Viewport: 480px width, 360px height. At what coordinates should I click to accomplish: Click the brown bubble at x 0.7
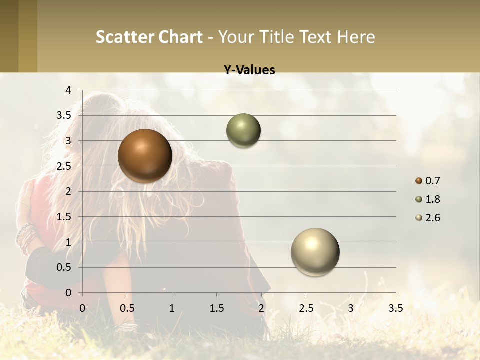[145, 156]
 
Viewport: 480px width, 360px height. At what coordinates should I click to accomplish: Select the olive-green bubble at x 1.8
[243, 130]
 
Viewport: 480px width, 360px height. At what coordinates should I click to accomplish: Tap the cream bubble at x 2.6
[315, 252]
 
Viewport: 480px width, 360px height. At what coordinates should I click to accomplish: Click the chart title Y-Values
[249, 70]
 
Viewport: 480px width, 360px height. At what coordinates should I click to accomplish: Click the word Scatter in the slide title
[124, 37]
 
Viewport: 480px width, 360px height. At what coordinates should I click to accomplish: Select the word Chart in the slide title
[180, 37]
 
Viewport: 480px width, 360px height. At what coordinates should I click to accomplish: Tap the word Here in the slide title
[356, 37]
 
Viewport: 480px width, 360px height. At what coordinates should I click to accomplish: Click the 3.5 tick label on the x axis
[395, 308]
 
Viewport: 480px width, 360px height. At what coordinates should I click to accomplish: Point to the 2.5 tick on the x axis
[306, 308]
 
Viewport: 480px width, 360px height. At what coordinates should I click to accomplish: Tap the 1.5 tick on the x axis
[216, 308]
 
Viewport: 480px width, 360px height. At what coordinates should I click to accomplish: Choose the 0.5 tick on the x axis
[127, 308]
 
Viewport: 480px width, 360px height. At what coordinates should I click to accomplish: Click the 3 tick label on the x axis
[351, 308]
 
